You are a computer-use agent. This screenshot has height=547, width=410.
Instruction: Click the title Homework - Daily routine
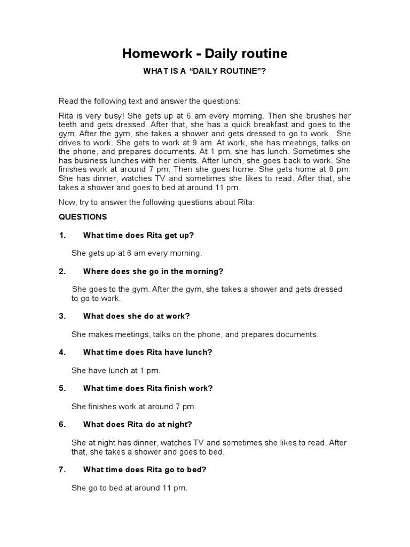tap(205, 53)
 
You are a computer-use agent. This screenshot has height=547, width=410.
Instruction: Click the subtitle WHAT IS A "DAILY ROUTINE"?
tap(205, 71)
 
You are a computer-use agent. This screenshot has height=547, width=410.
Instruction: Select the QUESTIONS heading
tap(83, 217)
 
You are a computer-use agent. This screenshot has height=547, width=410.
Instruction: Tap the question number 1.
tap(62, 235)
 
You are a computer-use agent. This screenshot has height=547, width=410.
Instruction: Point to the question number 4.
tap(62, 352)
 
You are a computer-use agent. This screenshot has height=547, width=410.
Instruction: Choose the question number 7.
tap(62, 470)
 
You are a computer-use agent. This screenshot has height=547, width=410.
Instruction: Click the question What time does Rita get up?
tap(139, 235)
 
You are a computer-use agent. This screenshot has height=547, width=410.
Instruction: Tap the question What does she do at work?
tap(137, 316)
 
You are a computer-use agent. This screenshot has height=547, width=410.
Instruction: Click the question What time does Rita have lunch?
tap(148, 352)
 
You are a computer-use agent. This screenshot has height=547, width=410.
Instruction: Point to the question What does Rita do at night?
tap(138, 425)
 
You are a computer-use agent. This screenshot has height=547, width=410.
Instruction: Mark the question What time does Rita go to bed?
tap(145, 470)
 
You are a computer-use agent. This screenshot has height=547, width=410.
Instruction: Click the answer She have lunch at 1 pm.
tap(116, 370)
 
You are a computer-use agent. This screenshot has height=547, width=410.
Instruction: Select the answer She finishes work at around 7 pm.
tap(134, 407)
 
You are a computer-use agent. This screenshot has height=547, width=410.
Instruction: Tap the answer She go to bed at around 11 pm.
tap(130, 488)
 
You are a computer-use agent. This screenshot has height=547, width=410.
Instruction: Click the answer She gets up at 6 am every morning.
tap(137, 253)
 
